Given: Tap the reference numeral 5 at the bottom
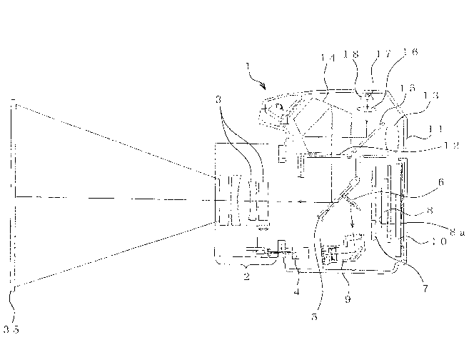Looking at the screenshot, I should pos(315,311).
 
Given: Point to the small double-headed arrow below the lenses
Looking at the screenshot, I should pos(262,228).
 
